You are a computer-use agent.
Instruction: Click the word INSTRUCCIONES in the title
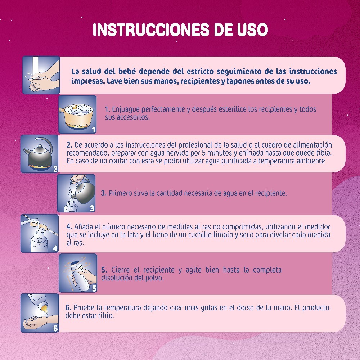[x=151, y=30]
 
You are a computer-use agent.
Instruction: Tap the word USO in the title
[x=253, y=30]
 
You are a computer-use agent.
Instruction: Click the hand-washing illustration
[x=41, y=75]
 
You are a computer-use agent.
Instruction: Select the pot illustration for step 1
[x=78, y=114]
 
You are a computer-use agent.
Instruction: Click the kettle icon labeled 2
[x=40, y=154]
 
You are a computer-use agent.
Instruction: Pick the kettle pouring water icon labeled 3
[x=76, y=193]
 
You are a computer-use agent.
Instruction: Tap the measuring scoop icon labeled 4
[x=40, y=233]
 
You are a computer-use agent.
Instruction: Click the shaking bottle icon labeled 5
[x=78, y=273]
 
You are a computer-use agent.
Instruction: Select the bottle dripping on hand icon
[x=40, y=313]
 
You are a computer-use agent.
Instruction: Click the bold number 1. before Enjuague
[x=107, y=109]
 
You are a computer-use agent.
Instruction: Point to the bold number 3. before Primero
[x=104, y=193]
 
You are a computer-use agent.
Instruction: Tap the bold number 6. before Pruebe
[x=68, y=307]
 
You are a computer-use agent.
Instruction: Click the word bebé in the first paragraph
[x=127, y=71]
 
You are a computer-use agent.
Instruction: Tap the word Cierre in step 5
[x=120, y=270]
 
